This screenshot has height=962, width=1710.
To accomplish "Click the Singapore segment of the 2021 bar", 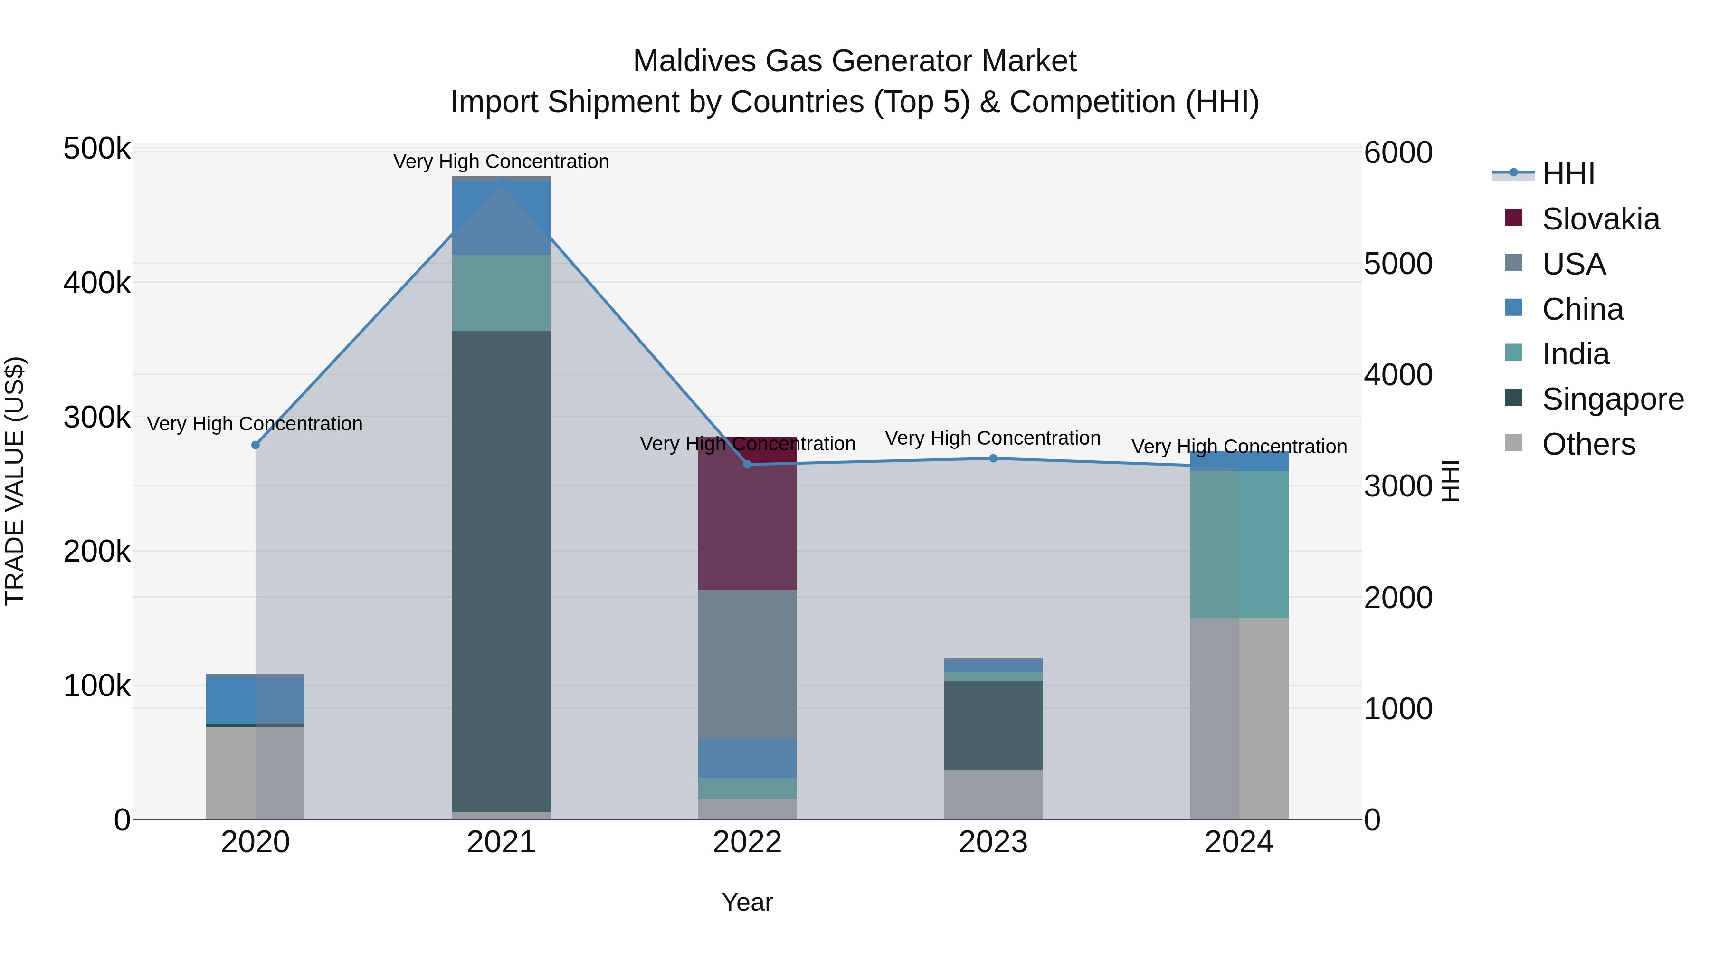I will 501,571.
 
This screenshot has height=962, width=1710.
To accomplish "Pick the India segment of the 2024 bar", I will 1239,544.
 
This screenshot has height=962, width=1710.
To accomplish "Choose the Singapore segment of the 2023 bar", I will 993,725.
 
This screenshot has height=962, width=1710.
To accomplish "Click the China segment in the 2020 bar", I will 255,700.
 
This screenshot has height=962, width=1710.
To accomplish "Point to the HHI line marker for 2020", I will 256,445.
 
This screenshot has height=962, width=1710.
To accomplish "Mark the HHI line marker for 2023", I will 993,458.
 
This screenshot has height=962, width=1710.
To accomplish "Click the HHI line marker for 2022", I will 748,464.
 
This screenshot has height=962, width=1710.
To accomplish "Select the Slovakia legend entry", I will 1600,219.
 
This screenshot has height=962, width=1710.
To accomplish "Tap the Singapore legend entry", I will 1612,399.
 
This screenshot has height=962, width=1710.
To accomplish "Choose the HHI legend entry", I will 1567,174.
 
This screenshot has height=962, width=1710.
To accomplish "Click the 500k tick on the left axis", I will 97,149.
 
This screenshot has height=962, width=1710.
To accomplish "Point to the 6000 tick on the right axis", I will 1398,152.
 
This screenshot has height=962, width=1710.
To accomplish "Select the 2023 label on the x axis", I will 993,842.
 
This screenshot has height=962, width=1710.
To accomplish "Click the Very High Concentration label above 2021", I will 501,162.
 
